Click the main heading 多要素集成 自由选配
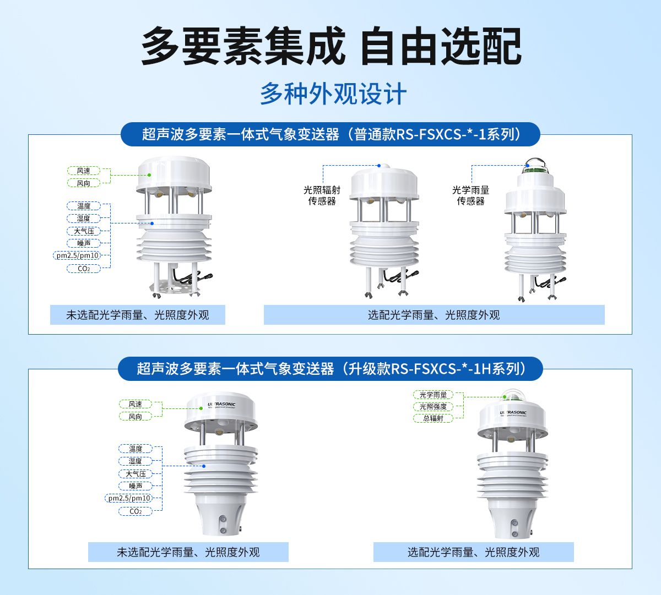pyautogui.click(x=330, y=46)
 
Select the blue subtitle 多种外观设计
pyautogui.click(x=333, y=94)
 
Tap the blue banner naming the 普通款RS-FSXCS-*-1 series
pyautogui.click(x=330, y=134)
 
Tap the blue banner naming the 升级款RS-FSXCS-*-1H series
pyautogui.click(x=330, y=369)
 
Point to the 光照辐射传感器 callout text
pyautogui.click(x=322, y=195)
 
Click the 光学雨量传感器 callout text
pyautogui.click(x=470, y=195)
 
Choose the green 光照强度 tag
pyautogui.click(x=433, y=407)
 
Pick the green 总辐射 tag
pyautogui.click(x=433, y=418)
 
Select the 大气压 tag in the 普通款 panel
pyautogui.click(x=84, y=231)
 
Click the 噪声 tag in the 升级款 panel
pyautogui.click(x=136, y=486)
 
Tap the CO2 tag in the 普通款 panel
pyautogui.click(x=84, y=269)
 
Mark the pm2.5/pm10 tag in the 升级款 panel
pyautogui.click(x=129, y=498)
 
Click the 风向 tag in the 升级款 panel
pyautogui.click(x=136, y=417)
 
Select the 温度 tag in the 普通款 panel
pyautogui.click(x=84, y=206)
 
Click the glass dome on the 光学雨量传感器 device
pyautogui.click(x=535, y=163)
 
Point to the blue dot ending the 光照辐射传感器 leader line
pyautogui.click(x=379, y=165)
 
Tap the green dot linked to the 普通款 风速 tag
pyautogui.click(x=149, y=175)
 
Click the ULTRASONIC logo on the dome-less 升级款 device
pyautogui.click(x=221, y=405)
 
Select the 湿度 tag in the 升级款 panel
pyautogui.click(x=136, y=461)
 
